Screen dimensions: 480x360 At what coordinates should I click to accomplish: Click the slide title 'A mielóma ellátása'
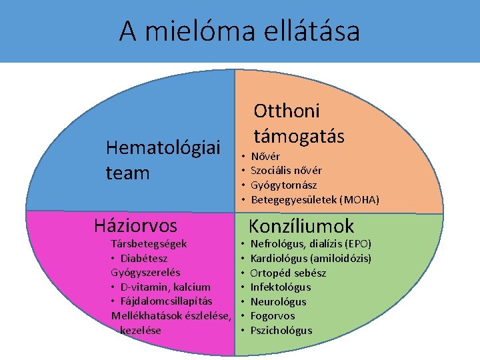tap(239, 31)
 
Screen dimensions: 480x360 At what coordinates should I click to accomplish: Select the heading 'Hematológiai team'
tap(163, 160)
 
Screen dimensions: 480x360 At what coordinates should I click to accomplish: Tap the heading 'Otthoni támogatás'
tap(299, 123)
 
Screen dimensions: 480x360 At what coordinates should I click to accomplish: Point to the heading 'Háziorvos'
tap(136, 225)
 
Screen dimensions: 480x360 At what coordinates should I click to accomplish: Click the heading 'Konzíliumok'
tap(301, 226)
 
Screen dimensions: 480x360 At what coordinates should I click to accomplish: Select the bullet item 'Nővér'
tap(265, 156)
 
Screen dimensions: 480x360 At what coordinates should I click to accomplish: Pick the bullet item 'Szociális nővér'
tap(286, 171)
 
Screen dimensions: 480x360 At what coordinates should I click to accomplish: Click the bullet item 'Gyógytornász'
tap(283, 185)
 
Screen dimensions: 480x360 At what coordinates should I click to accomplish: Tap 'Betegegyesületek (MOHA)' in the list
tap(315, 199)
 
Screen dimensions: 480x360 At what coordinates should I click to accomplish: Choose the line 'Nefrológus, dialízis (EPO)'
tap(311, 244)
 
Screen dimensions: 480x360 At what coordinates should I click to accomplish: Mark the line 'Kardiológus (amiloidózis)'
tap(311, 258)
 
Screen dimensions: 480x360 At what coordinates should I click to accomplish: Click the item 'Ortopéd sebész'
tap(288, 273)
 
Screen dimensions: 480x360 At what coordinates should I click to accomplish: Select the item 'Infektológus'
tap(281, 287)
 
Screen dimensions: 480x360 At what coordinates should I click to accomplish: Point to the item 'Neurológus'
tap(278, 301)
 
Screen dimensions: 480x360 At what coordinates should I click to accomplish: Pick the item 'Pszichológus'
tap(281, 330)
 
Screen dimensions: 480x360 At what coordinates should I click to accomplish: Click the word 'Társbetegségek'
tap(149, 244)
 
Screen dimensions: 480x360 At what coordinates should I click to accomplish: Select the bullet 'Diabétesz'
tap(143, 258)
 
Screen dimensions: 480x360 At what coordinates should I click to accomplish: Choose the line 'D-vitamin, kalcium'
tap(165, 287)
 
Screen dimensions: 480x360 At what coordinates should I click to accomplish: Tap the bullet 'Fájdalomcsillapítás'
tap(166, 301)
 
